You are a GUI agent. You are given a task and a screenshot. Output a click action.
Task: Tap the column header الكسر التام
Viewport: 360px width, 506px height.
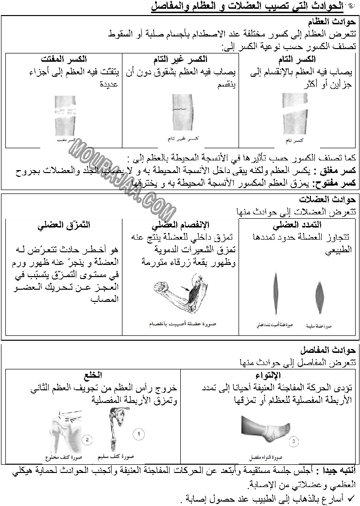pos(298,59)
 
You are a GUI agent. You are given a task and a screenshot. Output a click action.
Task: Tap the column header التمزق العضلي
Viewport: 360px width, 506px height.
pos(64,225)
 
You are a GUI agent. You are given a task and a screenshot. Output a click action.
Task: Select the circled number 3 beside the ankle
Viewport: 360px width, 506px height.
pos(293,441)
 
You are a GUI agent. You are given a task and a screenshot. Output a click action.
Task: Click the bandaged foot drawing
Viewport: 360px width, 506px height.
pos(266,431)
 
